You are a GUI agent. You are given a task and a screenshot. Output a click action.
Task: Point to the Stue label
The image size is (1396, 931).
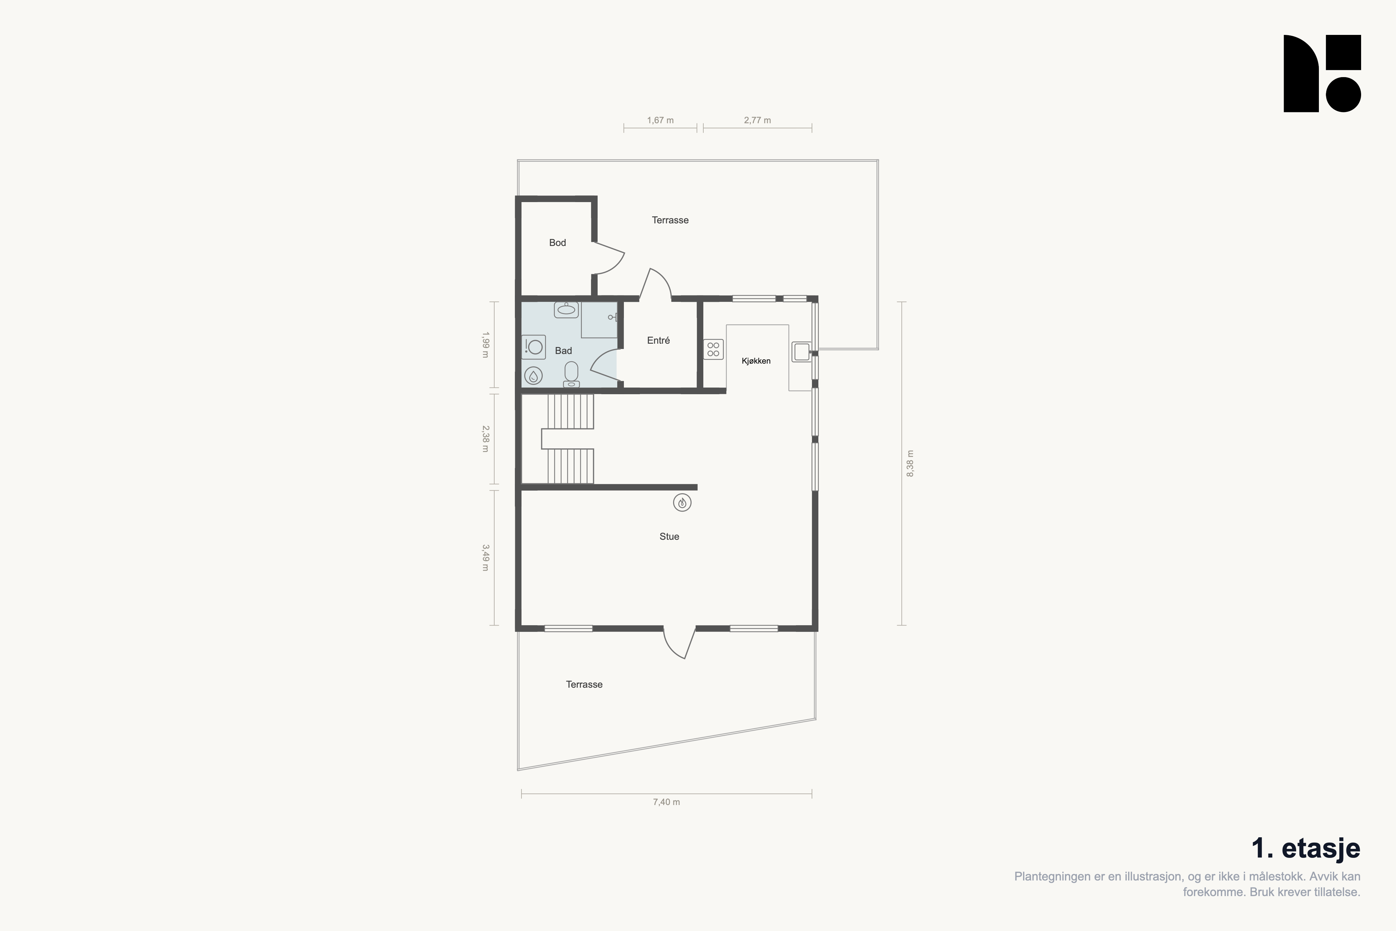669,536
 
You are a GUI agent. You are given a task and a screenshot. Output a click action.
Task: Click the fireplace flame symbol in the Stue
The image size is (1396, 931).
682,503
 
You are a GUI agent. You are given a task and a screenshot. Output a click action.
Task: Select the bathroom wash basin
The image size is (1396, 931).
566,309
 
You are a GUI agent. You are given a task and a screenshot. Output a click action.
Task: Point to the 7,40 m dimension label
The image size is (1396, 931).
666,802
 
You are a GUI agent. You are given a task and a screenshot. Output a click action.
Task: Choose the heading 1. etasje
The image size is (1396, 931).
1306,849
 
